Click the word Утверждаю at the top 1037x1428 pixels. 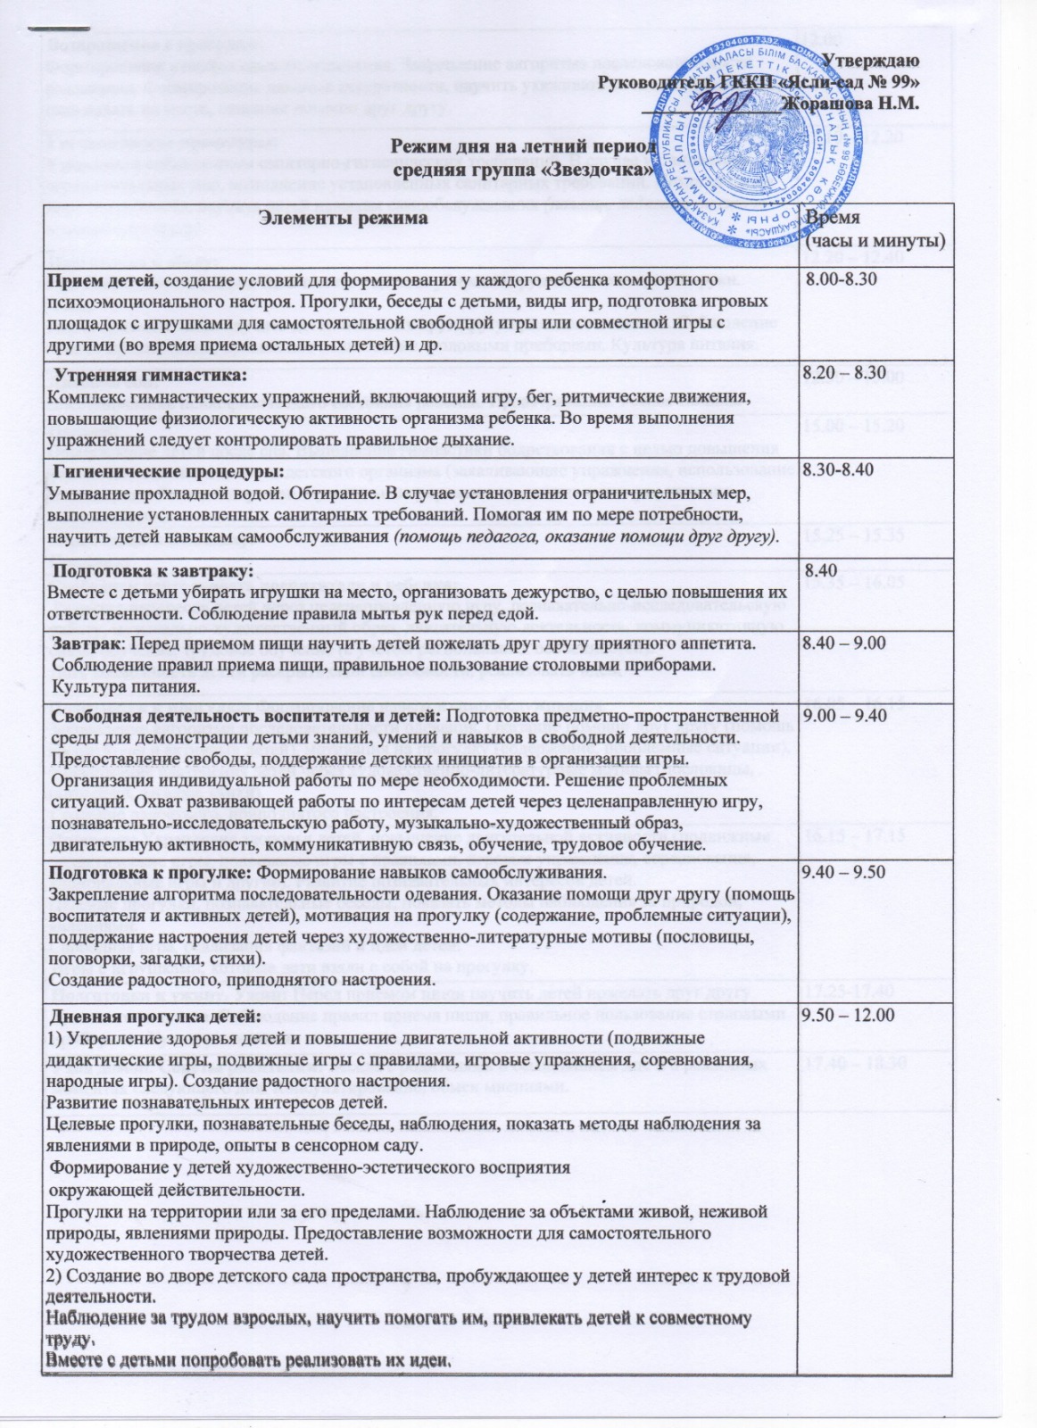coord(870,61)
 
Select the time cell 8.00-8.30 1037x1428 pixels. coord(840,279)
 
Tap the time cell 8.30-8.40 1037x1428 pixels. coord(838,469)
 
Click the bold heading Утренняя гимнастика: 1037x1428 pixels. coord(150,374)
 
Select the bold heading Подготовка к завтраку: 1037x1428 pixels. coord(153,569)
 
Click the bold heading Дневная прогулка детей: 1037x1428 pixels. coord(155,1017)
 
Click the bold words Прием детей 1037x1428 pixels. coord(101,280)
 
